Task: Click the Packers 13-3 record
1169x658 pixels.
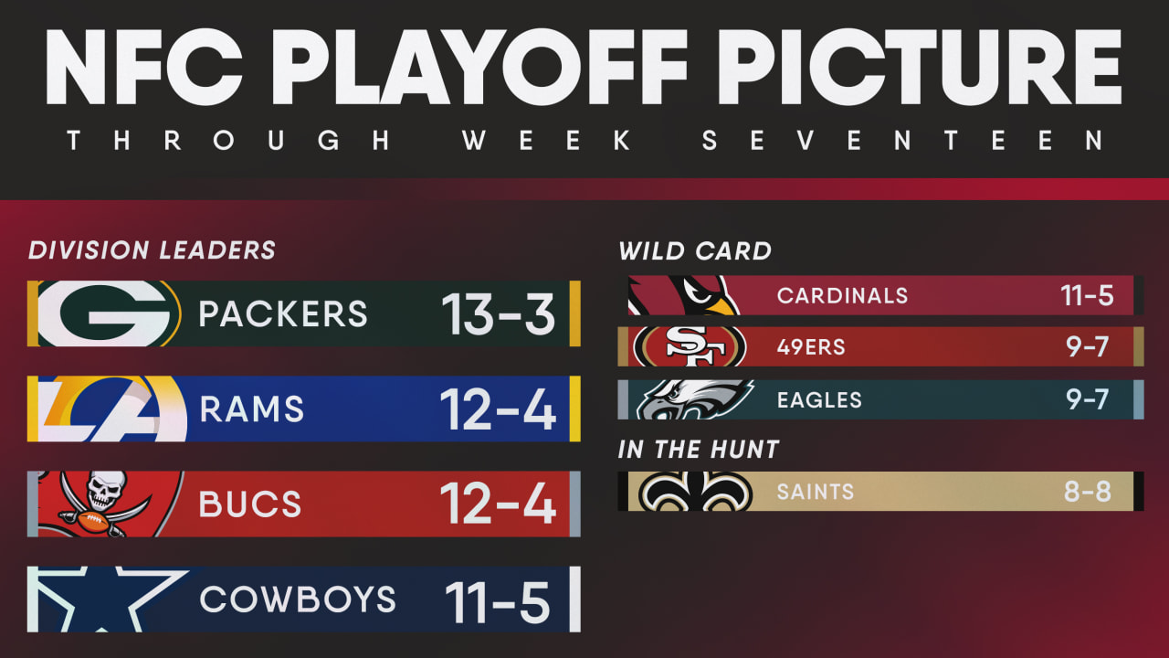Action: pos(498,313)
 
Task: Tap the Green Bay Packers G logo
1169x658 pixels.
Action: pos(109,313)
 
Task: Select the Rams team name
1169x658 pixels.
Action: pos(251,409)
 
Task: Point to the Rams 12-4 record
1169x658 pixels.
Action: pos(498,409)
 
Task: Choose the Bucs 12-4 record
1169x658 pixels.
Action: pos(498,504)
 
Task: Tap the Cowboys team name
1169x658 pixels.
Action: pos(298,599)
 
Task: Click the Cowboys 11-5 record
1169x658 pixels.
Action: pos(498,603)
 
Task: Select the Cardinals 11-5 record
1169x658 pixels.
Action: pos(1087,295)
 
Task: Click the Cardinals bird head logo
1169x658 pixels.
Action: pos(684,295)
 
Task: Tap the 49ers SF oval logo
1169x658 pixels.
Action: pos(690,346)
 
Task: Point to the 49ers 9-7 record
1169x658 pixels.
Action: pos(1087,346)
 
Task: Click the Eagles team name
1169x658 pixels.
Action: pos(819,400)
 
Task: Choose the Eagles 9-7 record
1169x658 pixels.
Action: pos(1087,400)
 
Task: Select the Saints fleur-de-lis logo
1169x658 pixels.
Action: pos(696,492)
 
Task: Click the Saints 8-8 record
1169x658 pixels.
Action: pos(1087,492)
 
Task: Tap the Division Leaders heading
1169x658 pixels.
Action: pos(152,250)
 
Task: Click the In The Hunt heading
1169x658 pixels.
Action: pos(699,450)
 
